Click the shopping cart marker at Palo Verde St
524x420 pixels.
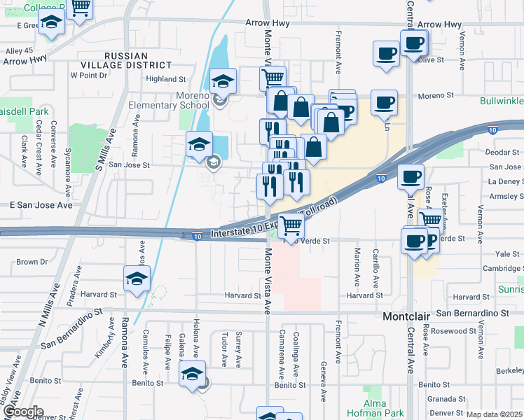pyautogui.click(x=290, y=225)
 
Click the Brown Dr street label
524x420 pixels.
pyautogui.click(x=32, y=262)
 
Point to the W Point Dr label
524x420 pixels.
pyautogui.click(x=88, y=75)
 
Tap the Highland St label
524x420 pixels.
pyautogui.click(x=165, y=80)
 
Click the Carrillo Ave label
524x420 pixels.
pyautogui.click(x=375, y=269)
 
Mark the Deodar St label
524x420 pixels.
pyautogui.click(x=504, y=152)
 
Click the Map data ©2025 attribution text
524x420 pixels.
pyautogui.click(x=494, y=414)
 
